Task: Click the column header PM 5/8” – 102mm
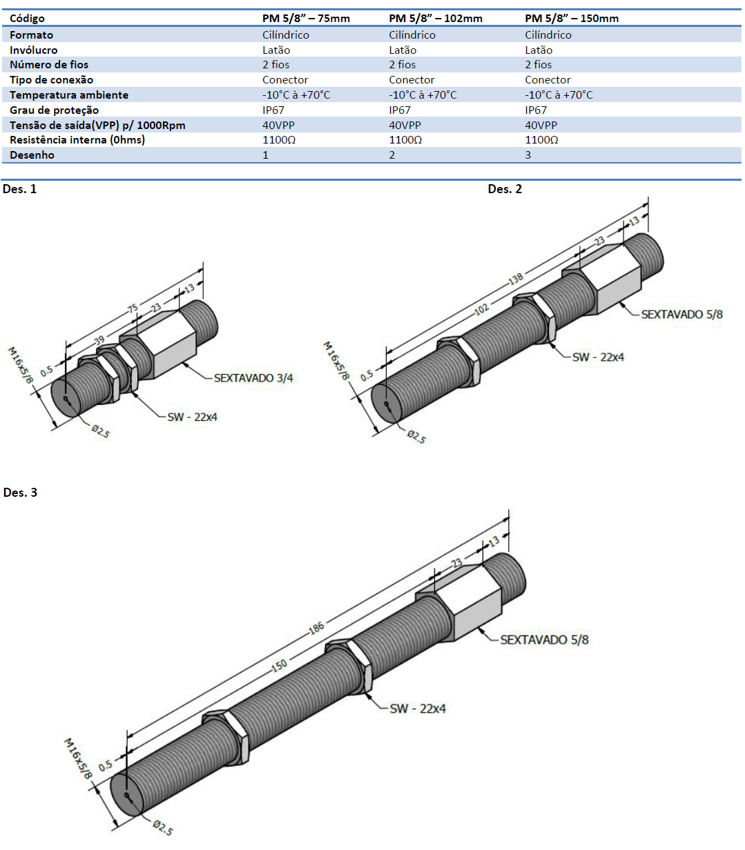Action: click(x=435, y=19)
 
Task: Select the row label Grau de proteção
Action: click(x=54, y=110)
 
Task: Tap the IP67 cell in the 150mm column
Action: click(x=536, y=110)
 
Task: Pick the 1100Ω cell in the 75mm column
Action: click(x=279, y=140)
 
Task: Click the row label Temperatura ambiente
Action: click(x=69, y=95)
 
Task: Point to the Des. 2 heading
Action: click(x=505, y=189)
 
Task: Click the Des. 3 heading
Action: click(x=20, y=493)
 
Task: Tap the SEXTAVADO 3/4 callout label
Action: click(x=253, y=378)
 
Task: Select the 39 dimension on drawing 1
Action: click(x=99, y=339)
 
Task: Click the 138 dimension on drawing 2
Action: click(x=516, y=279)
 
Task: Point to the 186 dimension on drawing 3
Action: click(x=316, y=629)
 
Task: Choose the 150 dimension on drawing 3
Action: click(x=279, y=665)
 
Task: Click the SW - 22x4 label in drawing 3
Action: click(x=418, y=709)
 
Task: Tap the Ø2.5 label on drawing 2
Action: click(x=416, y=436)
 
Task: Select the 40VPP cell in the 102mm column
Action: click(x=405, y=126)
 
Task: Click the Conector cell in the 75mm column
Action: click(x=285, y=80)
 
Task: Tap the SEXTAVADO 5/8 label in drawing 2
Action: click(x=681, y=315)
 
